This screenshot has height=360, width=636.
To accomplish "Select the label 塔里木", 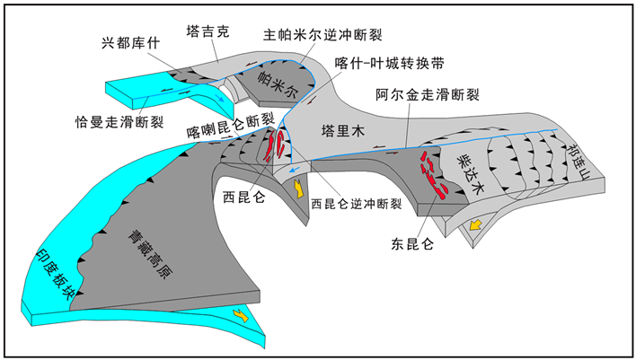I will tap(342, 132).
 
